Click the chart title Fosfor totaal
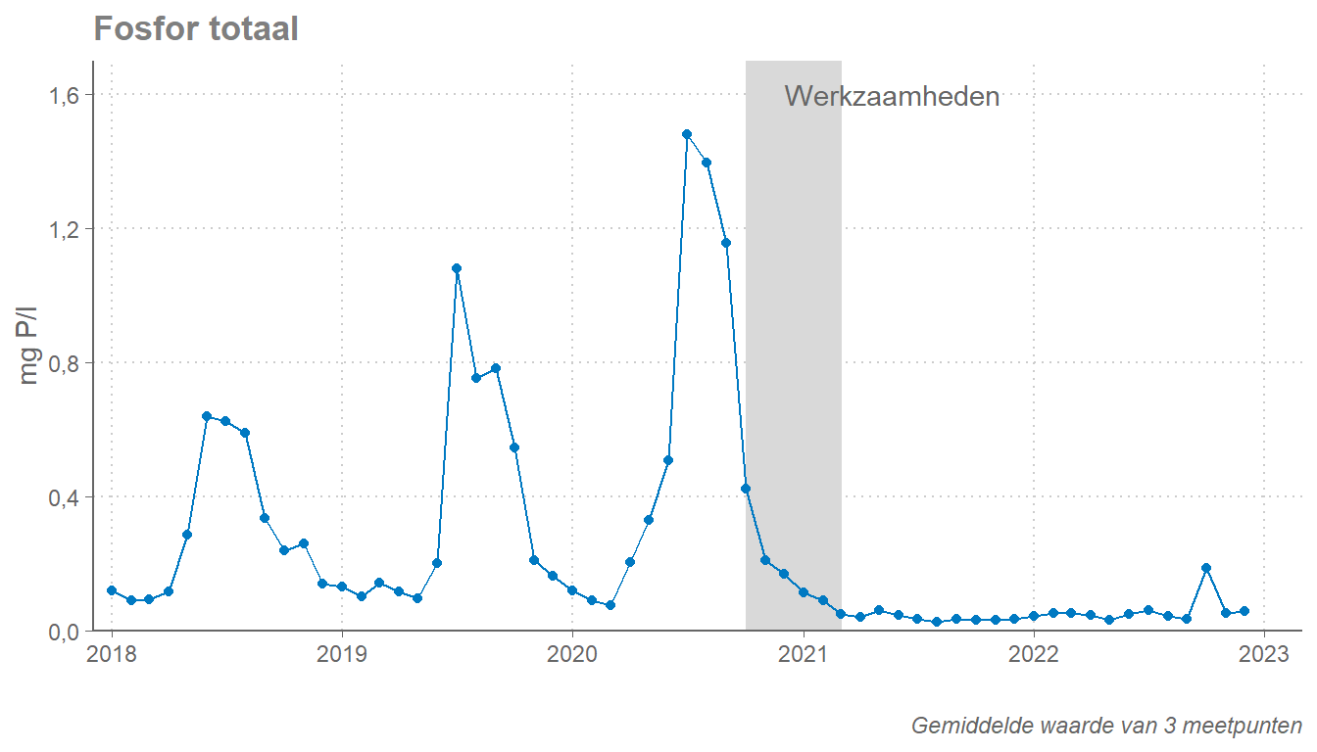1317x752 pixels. [196, 29]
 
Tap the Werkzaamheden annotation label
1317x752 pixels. [892, 97]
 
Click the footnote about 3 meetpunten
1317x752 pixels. [1106, 726]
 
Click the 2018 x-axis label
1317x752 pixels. [112, 654]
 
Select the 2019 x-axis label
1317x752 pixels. [341, 654]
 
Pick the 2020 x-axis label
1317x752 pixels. [572, 654]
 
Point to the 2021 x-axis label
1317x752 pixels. [804, 654]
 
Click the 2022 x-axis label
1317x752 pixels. [1034, 654]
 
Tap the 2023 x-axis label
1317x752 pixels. [1264, 654]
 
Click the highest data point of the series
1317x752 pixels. [687, 134]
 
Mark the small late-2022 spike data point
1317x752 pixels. [1206, 568]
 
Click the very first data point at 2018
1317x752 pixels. [112, 590]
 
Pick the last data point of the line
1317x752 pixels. [1244, 611]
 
